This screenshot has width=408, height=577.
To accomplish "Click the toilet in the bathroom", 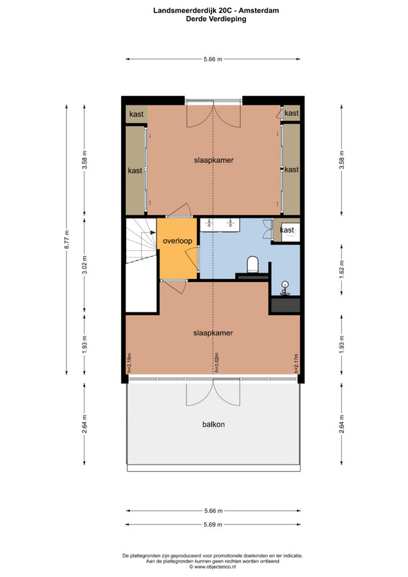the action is [253, 265].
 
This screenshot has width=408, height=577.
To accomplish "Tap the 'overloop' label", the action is [177, 241].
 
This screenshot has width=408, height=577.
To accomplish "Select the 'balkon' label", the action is [213, 424].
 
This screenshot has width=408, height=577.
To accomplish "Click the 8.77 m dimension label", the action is [66, 239].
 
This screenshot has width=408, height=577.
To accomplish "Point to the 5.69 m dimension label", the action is [213, 524].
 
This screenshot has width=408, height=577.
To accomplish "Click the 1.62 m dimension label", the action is [342, 270].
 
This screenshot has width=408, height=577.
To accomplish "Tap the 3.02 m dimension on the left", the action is [84, 265].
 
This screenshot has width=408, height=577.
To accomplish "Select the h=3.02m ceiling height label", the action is [217, 363].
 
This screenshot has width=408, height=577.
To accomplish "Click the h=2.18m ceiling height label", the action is [129, 364].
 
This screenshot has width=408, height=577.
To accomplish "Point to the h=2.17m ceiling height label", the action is [296, 364].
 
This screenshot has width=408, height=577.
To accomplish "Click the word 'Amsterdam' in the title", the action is [259, 11].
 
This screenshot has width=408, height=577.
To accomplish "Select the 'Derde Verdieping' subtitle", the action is [216, 19].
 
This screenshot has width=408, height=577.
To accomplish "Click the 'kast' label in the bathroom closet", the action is [287, 230].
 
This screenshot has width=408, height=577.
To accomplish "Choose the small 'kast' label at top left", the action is [136, 114].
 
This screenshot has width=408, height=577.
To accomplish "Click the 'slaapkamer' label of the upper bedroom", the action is [214, 160].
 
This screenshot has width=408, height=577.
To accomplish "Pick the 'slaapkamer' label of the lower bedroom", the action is [213, 332].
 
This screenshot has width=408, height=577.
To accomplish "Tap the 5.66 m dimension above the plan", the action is [213, 59].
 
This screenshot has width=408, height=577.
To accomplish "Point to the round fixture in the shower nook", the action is [285, 284].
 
